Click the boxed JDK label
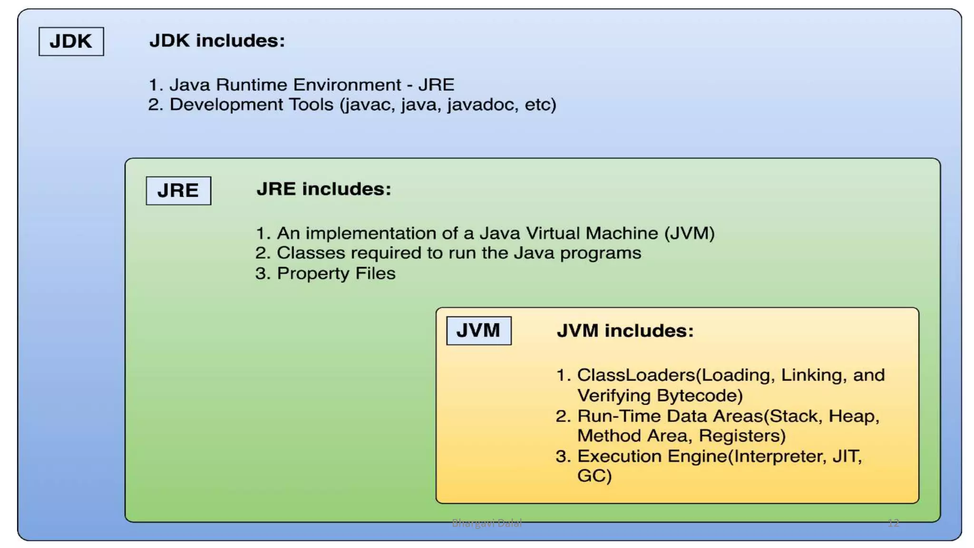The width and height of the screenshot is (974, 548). pyautogui.click(x=71, y=41)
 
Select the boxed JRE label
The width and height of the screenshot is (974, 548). pyautogui.click(x=178, y=190)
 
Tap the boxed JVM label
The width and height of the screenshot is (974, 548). pyautogui.click(x=478, y=330)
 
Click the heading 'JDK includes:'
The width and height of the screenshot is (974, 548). pyautogui.click(x=217, y=40)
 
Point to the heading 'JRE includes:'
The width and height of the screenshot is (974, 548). pyautogui.click(x=323, y=189)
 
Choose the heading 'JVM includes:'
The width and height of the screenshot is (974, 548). pyautogui.click(x=625, y=331)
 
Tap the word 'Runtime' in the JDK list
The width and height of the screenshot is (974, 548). pyautogui.click(x=251, y=85)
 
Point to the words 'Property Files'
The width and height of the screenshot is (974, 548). pyautogui.click(x=336, y=274)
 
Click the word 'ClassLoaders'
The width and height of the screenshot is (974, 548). pyautogui.click(x=636, y=375)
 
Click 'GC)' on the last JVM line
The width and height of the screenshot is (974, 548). pyautogui.click(x=594, y=476)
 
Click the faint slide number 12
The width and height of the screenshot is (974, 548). pyautogui.click(x=893, y=523)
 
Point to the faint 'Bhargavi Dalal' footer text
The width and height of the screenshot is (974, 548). pyautogui.click(x=487, y=523)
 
